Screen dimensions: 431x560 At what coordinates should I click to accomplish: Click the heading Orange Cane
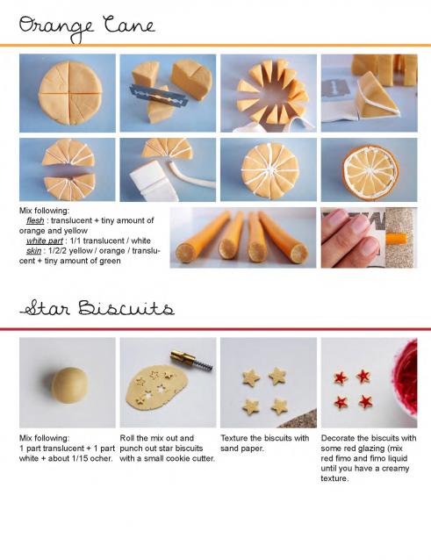87,28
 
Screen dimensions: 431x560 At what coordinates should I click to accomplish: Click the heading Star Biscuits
97,308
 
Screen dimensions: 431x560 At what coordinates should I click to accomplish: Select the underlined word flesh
35,220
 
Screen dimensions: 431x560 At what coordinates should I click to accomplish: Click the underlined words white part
45,241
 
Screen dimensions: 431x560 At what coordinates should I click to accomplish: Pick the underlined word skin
33,251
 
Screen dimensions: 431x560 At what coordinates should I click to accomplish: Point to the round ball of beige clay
69,385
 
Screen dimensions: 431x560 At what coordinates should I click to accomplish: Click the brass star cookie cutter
191,361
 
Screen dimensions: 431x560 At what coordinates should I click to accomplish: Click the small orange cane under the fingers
396,238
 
